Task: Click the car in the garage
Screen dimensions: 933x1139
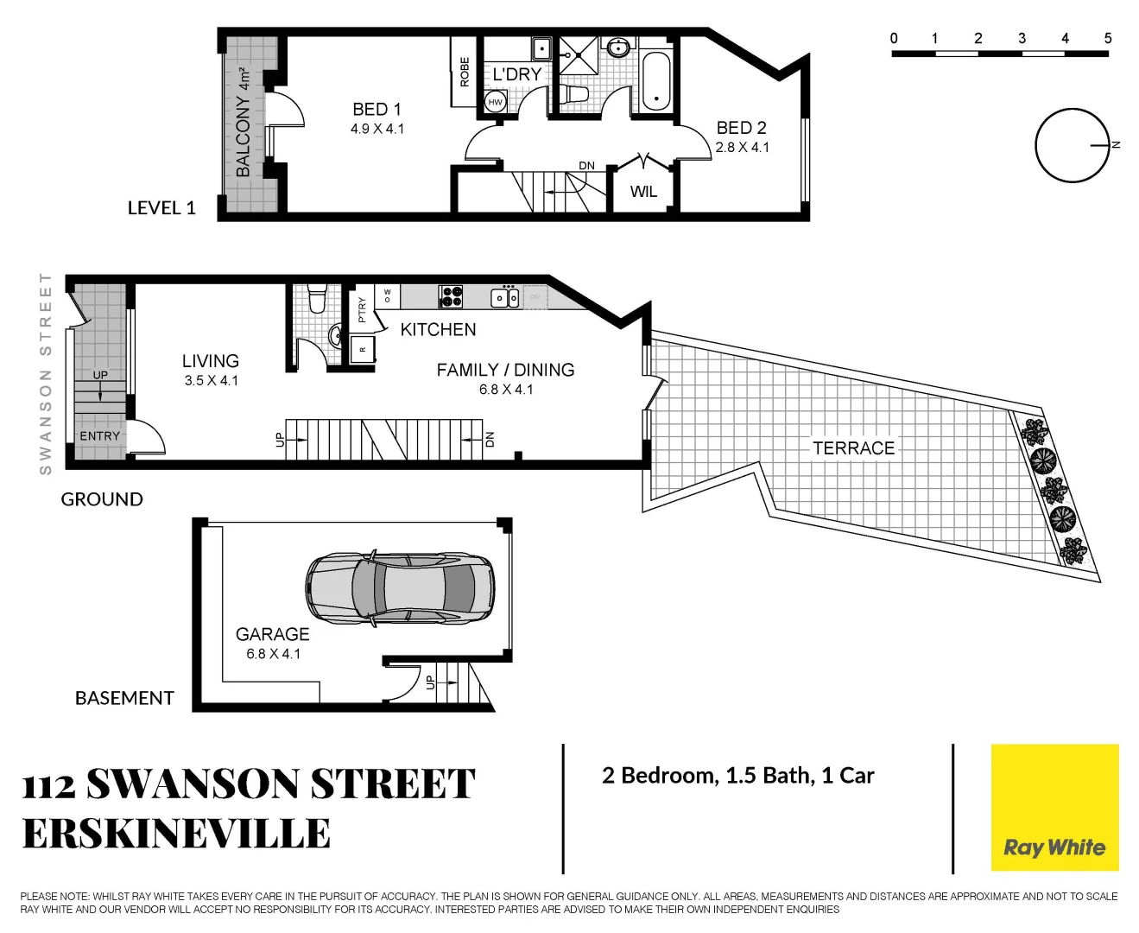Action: point(400,588)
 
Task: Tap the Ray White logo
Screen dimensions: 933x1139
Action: point(1054,847)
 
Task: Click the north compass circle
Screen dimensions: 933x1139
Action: point(1072,145)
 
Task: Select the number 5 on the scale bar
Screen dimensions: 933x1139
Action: point(1108,38)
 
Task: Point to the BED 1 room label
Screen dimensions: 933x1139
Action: point(377,110)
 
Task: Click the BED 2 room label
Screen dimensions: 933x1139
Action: point(741,128)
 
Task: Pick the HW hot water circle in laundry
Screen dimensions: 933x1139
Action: point(495,102)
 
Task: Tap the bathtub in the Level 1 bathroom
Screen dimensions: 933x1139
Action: point(656,81)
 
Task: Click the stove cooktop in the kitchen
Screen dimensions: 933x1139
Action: point(452,296)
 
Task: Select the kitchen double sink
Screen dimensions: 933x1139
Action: point(505,298)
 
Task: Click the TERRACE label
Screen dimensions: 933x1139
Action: point(853,447)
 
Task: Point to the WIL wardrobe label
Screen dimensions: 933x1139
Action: point(643,192)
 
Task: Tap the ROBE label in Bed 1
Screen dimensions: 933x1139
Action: point(464,72)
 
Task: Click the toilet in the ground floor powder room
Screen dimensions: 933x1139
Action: point(317,298)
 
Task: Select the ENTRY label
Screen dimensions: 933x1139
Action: point(100,436)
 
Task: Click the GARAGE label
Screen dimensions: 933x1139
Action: point(272,634)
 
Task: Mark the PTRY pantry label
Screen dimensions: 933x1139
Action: point(362,308)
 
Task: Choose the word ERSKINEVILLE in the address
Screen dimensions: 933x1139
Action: point(176,834)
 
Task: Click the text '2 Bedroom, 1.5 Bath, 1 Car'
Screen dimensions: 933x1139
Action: point(737,776)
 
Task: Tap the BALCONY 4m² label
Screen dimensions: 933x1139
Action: point(244,122)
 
